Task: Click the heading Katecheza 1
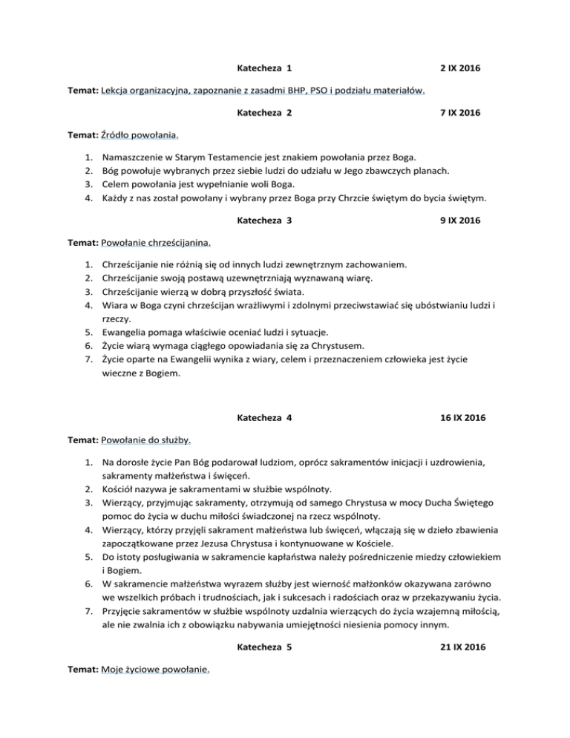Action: pos(263,69)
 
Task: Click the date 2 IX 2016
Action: pos(460,69)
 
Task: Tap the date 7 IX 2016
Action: pos(460,113)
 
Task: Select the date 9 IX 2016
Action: pos(460,221)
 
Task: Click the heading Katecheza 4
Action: pos(263,418)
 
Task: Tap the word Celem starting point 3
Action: pos(116,184)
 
